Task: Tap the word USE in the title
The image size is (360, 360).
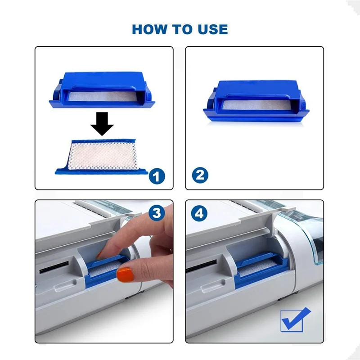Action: (x=213, y=29)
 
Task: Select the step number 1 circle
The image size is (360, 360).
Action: (x=157, y=176)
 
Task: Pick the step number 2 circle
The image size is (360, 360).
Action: (x=200, y=175)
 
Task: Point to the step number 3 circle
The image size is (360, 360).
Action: (x=157, y=213)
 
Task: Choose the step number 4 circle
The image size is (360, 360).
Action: (x=199, y=213)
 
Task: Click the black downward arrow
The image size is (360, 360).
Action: (x=102, y=124)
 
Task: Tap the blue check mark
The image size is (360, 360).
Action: (x=296, y=319)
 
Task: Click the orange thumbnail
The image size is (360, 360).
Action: (x=126, y=274)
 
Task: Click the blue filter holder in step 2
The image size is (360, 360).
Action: (x=256, y=100)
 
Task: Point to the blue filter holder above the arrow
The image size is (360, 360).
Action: (x=102, y=90)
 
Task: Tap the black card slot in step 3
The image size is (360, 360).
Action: (x=54, y=267)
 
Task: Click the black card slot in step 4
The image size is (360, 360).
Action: (x=201, y=266)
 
